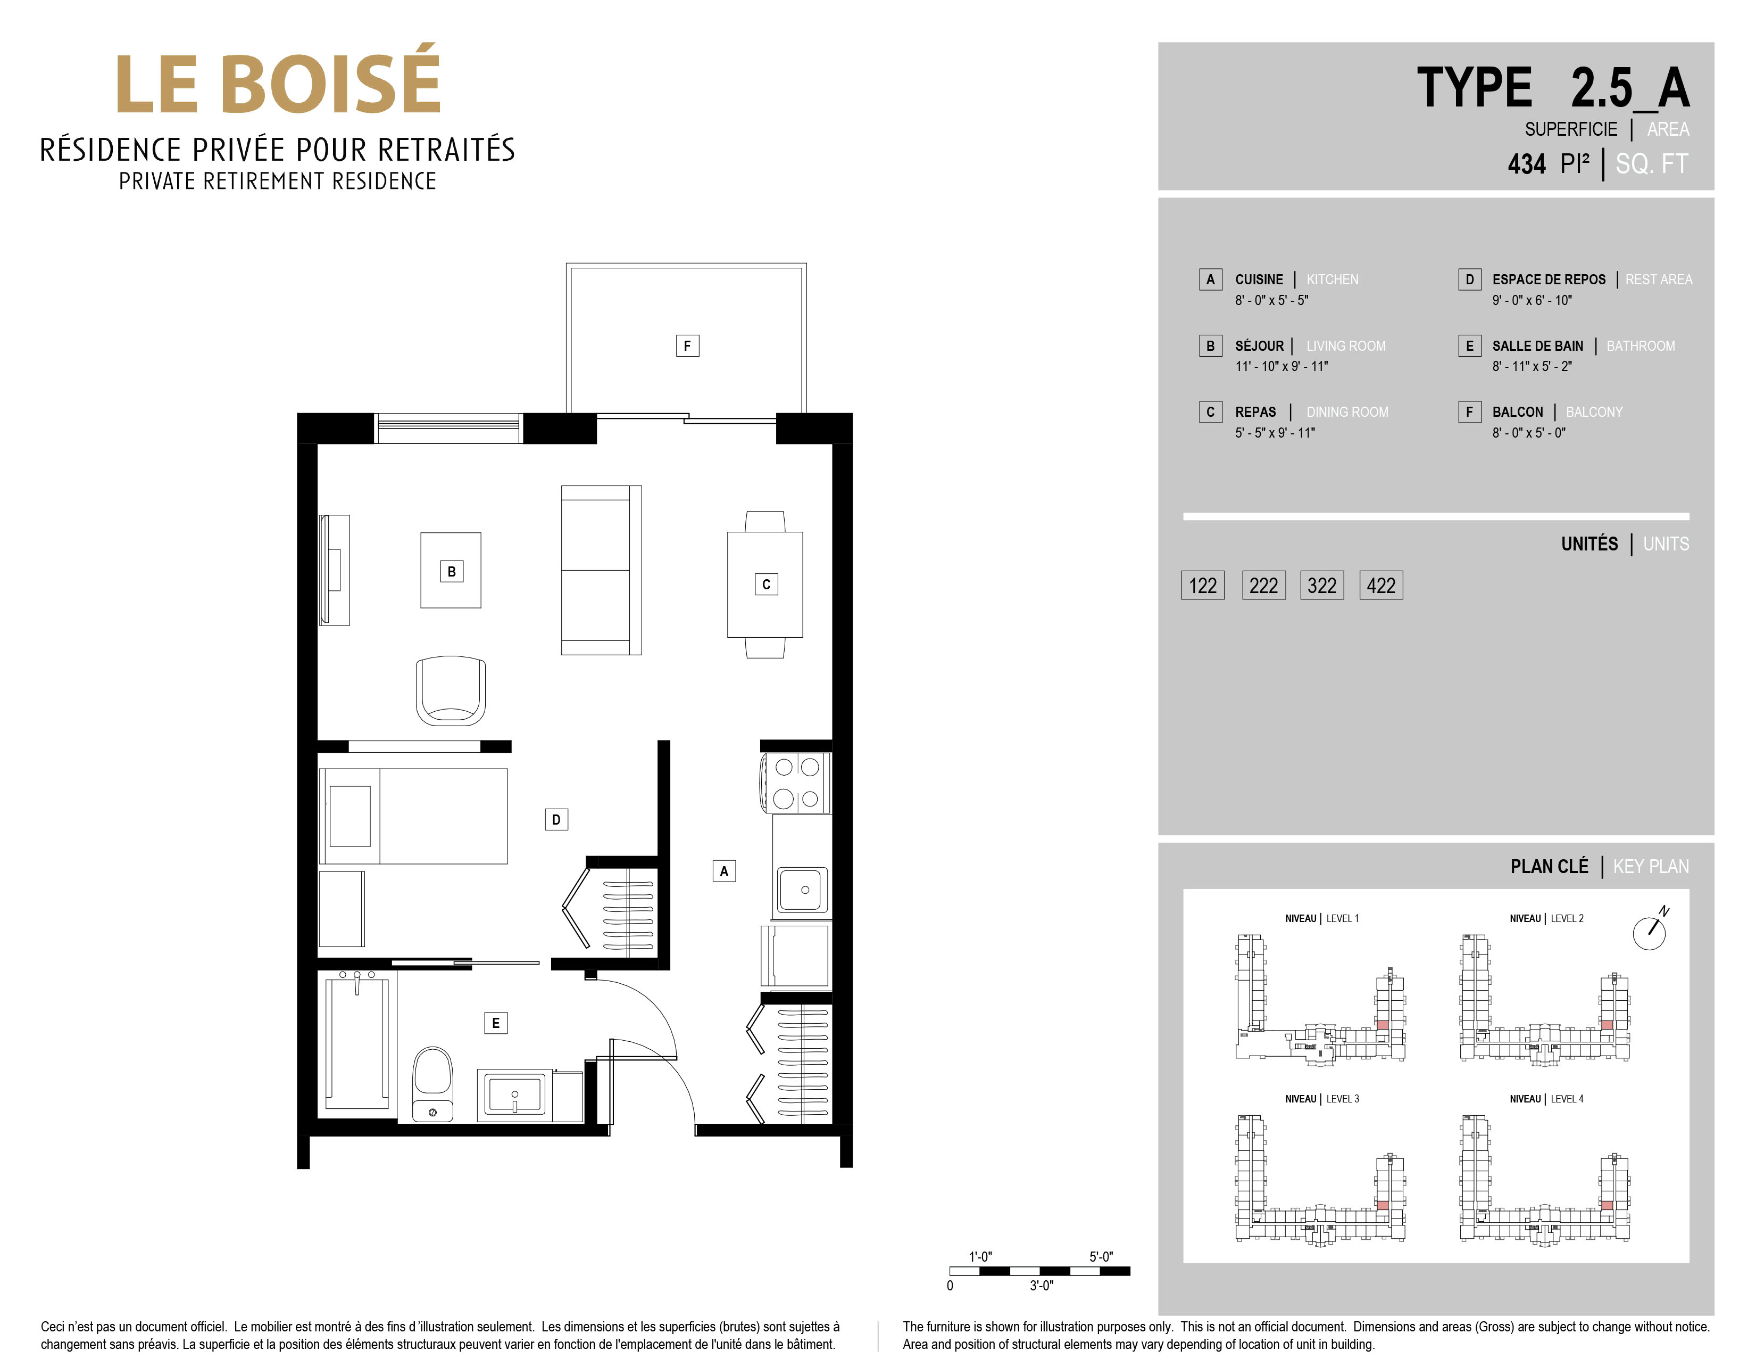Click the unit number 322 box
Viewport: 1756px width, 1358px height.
click(1322, 585)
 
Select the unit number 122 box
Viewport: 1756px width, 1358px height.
click(1203, 585)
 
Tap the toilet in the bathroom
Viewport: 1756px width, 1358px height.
click(432, 1084)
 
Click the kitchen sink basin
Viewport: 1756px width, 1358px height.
click(802, 890)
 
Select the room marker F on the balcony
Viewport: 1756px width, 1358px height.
click(687, 346)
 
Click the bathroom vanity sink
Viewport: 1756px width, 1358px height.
click(514, 1095)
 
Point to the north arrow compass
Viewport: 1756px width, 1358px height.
click(1650, 931)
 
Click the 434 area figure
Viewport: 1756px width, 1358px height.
click(1526, 164)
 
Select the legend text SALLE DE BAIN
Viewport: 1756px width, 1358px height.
click(1537, 346)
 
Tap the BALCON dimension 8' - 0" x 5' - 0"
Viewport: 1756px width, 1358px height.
click(1528, 433)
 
